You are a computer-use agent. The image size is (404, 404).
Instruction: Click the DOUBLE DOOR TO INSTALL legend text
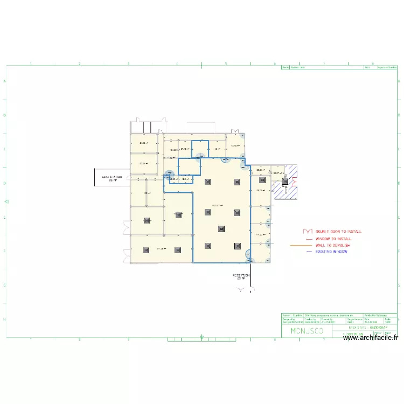coord(339,232)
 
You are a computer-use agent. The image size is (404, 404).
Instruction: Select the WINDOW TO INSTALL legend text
coord(334,238)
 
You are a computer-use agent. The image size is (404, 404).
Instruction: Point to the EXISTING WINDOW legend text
coord(331,252)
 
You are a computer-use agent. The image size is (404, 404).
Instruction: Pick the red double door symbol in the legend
coord(309,231)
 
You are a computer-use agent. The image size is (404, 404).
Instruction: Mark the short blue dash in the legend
coord(309,252)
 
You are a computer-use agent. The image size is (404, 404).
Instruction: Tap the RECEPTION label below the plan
coord(240,276)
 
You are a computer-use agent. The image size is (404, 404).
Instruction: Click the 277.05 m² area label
coord(161,248)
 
